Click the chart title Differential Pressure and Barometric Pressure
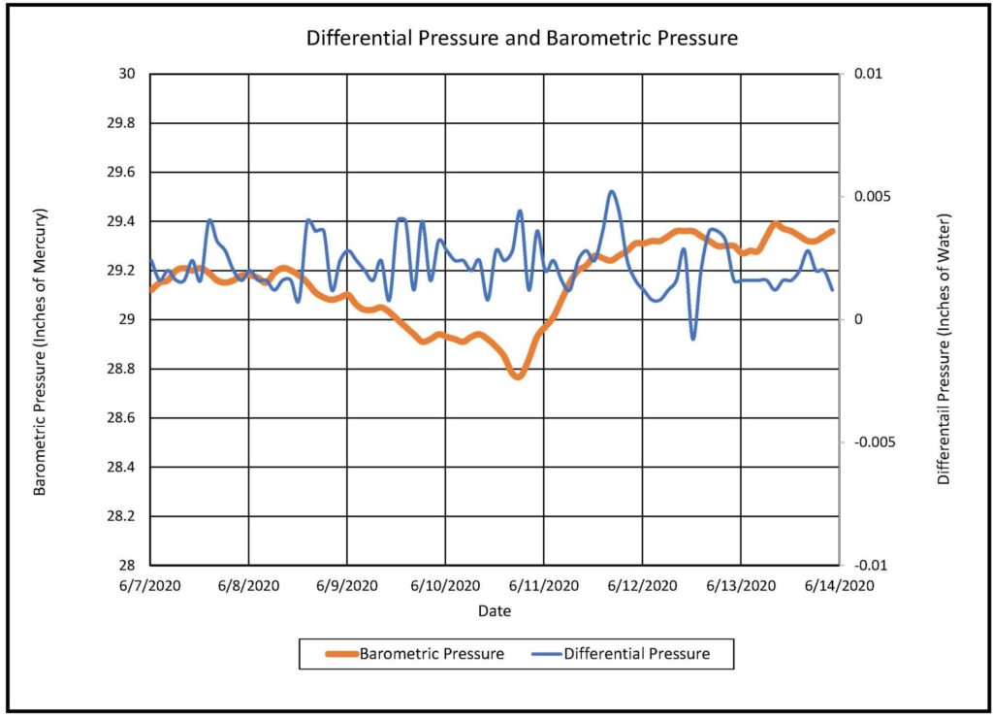point(523,39)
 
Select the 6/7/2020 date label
point(151,586)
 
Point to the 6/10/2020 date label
point(445,586)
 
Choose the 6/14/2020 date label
point(838,586)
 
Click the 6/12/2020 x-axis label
point(642,586)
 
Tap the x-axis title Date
point(494,611)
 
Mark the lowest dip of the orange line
point(518,375)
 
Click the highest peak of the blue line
point(612,192)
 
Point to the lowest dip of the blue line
point(692,338)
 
